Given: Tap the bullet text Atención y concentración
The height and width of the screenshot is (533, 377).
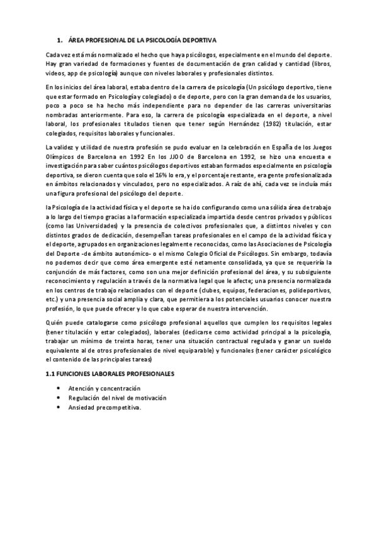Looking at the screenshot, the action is (104, 388).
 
